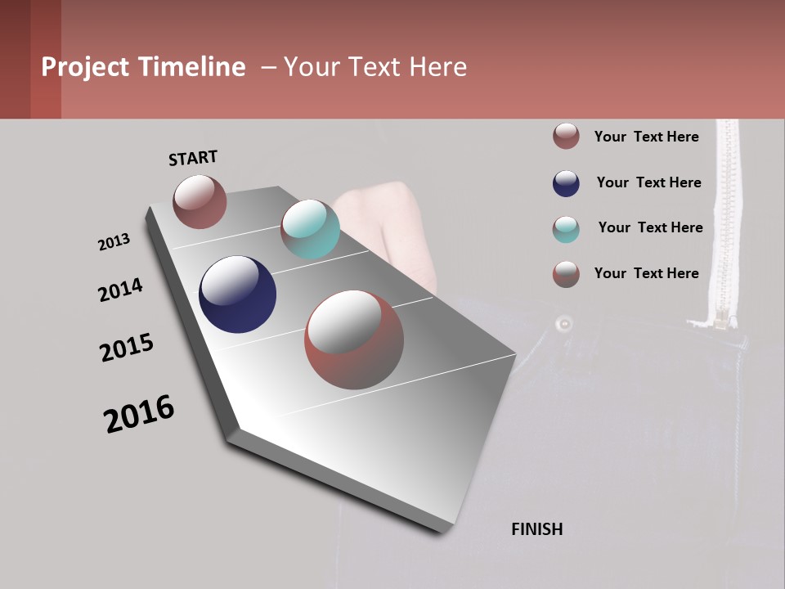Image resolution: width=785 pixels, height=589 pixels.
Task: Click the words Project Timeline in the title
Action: [x=143, y=67]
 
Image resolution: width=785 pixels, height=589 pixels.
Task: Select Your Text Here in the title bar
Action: [x=375, y=67]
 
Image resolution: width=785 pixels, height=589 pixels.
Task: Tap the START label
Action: [x=193, y=158]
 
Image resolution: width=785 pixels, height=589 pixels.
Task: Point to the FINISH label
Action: [x=536, y=529]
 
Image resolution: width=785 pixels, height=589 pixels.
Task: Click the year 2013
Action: [x=114, y=242]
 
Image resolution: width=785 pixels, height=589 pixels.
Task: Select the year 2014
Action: [x=120, y=290]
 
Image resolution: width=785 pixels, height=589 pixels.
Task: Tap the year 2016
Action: [x=139, y=413]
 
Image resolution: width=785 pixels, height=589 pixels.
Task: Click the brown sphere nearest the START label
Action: [x=200, y=201]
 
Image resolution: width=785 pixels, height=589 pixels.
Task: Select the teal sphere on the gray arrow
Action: [x=310, y=228]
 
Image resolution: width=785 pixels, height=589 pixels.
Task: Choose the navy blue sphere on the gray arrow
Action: [x=237, y=294]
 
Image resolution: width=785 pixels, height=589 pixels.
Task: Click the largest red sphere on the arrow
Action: [x=354, y=339]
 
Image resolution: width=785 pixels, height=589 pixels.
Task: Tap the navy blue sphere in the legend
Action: [x=566, y=183]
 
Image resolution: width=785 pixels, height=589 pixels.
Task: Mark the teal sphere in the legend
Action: [x=566, y=229]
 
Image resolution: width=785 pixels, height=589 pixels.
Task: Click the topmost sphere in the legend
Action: [x=566, y=136]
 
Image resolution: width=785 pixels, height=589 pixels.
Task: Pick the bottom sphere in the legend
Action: [x=566, y=274]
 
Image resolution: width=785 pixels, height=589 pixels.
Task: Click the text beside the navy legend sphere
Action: [x=648, y=182]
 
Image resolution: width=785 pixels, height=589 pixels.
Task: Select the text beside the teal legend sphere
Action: [x=650, y=227]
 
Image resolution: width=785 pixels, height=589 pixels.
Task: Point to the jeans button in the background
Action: [x=563, y=324]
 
